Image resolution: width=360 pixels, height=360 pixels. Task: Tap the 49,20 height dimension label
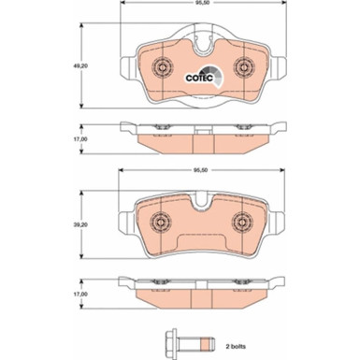(82, 67)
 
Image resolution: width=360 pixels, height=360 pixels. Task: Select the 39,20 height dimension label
(82, 223)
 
